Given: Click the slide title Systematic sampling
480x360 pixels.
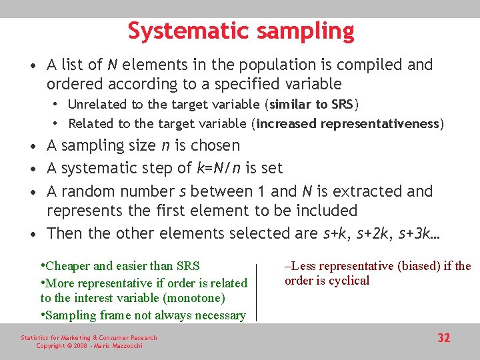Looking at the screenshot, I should (x=241, y=31).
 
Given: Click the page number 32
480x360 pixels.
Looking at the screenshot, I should (x=443, y=338).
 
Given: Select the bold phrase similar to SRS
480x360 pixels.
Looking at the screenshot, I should (x=313, y=104).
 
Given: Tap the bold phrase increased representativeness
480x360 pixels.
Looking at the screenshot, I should (x=347, y=123).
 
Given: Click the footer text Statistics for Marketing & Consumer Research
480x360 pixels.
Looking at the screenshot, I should (x=89, y=338).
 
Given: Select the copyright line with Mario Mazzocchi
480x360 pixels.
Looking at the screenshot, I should (x=89, y=346).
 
